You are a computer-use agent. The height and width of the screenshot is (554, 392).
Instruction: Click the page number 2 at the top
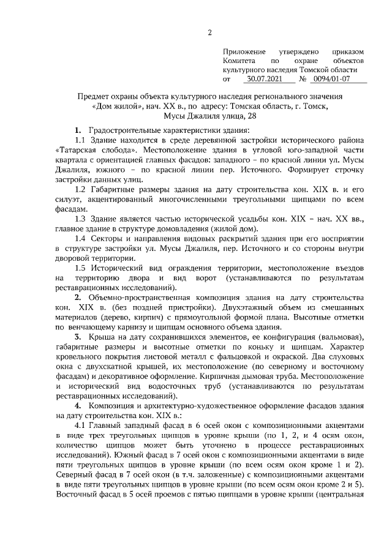[x=210, y=32]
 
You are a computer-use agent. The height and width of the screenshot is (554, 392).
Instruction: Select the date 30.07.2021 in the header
[x=265, y=79]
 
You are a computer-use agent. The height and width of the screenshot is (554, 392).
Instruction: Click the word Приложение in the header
[x=244, y=53]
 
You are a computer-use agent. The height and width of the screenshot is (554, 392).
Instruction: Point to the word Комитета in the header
[x=240, y=61]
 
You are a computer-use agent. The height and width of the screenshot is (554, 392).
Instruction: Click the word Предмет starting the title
[x=92, y=97]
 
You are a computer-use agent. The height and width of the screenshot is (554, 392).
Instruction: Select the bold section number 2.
[x=78, y=297]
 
